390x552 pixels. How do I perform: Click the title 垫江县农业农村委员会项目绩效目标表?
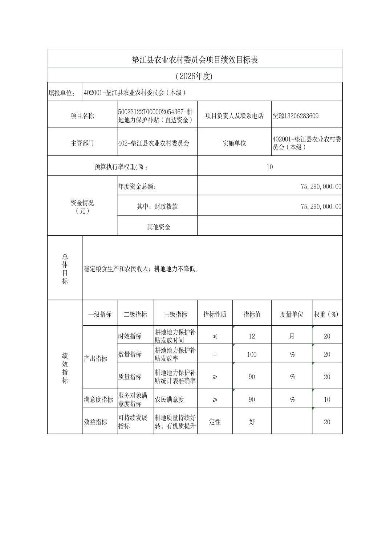pos(195,60)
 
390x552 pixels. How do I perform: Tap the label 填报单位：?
pos(62,93)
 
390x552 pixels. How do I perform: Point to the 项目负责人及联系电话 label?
pos(234,116)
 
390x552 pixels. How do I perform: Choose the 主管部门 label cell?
pos(82,143)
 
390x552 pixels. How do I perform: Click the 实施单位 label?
pos(234,143)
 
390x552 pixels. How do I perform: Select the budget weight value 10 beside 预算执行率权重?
pos(269,167)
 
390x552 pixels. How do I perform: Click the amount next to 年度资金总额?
pos(321,186)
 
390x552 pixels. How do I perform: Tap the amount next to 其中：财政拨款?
pos(321,206)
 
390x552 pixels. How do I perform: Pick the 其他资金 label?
pos(158,227)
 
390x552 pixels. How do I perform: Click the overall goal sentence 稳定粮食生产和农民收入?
pos(141,269)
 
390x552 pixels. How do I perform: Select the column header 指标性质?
pos(215,314)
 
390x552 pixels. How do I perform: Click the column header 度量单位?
pos(291,314)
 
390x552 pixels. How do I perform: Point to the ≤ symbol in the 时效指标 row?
pos(215,336)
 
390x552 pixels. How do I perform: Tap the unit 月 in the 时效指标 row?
pos(292,336)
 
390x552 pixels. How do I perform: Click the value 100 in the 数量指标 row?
pos(252,354)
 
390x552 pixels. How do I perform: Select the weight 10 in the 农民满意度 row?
pos(327,399)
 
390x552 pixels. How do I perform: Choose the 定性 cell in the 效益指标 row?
pos(215,422)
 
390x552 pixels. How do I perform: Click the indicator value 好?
pos(252,422)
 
